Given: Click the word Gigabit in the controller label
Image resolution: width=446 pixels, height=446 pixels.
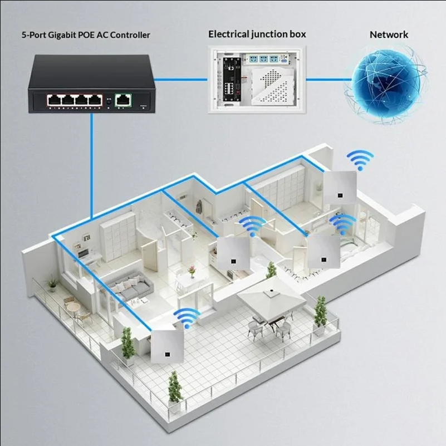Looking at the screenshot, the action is (62, 35).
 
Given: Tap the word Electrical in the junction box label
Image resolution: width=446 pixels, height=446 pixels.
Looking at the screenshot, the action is (229, 34).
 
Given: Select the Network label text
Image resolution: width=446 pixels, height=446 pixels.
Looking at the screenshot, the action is (389, 35).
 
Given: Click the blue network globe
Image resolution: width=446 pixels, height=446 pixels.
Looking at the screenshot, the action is (385, 84).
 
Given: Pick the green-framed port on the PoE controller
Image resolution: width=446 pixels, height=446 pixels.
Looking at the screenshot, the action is (123, 100).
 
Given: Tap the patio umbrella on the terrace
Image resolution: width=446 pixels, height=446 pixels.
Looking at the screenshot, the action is (271, 297).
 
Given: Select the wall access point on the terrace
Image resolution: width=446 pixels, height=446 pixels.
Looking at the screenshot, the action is (167, 346).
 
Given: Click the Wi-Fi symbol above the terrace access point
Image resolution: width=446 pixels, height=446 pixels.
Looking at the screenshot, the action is (187, 318).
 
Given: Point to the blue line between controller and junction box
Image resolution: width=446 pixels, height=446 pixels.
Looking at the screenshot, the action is (181, 80).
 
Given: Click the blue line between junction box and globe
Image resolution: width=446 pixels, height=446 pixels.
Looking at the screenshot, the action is (329, 80).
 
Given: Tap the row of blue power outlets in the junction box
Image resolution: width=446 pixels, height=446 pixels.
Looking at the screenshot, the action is (261, 59).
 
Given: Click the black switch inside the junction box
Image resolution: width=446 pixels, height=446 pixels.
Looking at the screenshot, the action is (232, 79).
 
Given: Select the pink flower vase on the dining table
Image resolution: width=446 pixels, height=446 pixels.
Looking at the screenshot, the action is (192, 271).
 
